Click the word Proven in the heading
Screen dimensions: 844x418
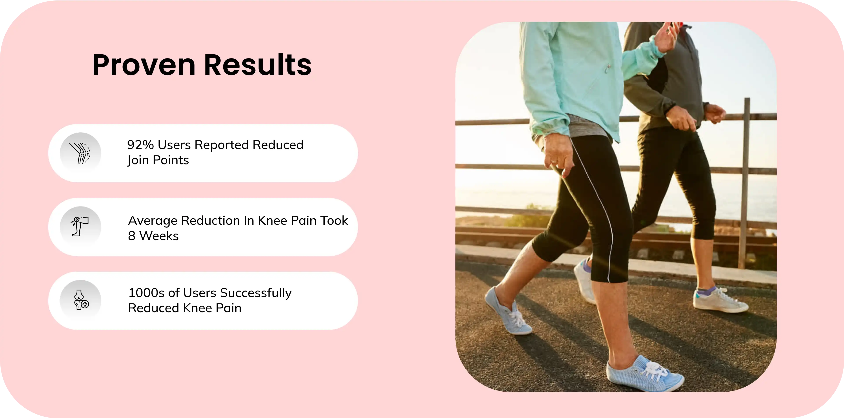pyautogui.click(x=144, y=65)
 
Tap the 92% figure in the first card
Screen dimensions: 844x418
pyautogui.click(x=140, y=145)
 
